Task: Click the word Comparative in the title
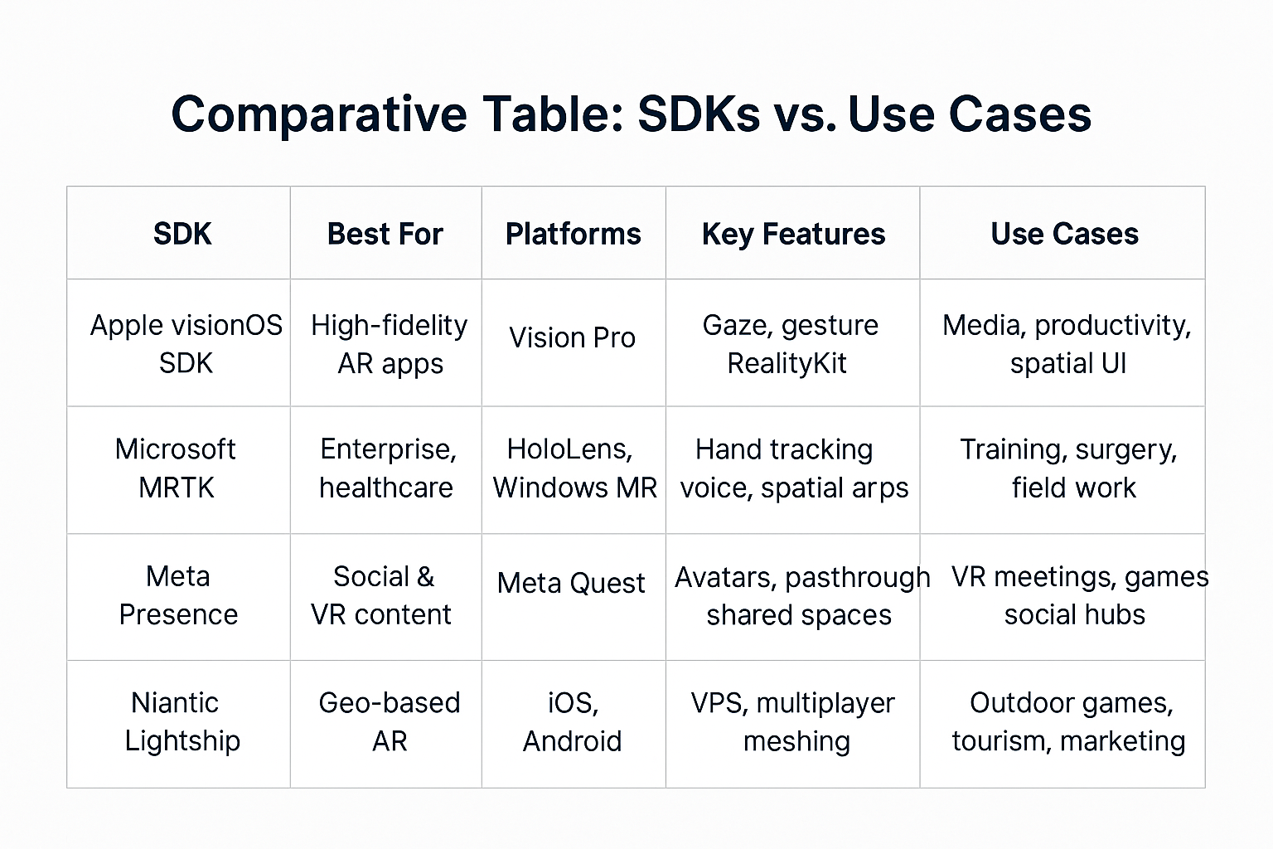tap(319, 115)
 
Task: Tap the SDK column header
tap(182, 234)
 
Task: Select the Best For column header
tap(385, 234)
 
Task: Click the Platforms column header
tap(574, 234)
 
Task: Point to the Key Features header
tap(793, 235)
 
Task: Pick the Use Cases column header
tap(1064, 234)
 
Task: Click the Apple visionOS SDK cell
tap(186, 344)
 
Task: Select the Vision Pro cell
tap(573, 337)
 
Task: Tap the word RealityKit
tap(787, 363)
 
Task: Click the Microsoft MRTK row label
tap(176, 468)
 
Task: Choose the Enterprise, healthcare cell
tap(387, 468)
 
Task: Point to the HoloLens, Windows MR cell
tap(574, 468)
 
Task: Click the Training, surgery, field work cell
tap(1068, 468)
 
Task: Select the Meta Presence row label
tap(178, 595)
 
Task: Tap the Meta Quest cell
tap(570, 583)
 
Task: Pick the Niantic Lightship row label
tap(182, 722)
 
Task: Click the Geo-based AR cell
tap(390, 721)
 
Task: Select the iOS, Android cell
tap(573, 721)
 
